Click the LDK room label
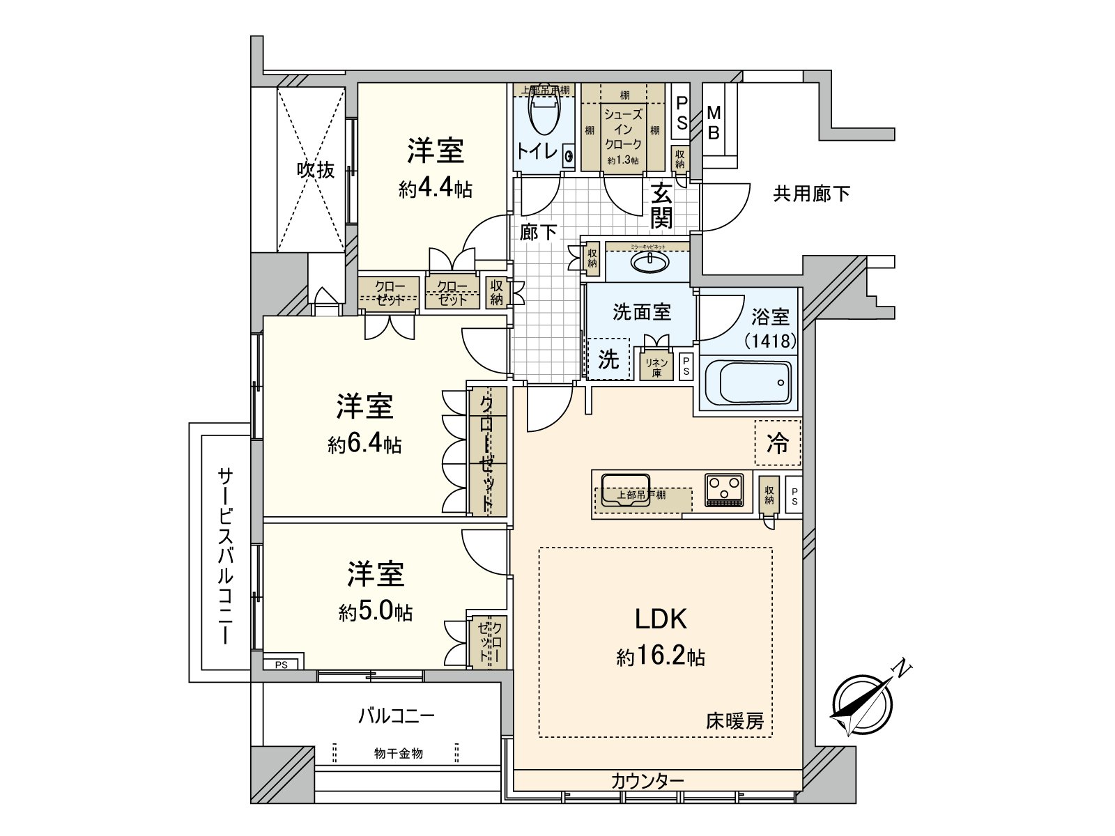(x=661, y=618)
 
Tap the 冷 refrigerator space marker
(x=778, y=444)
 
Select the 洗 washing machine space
(x=608, y=359)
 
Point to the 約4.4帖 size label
(x=436, y=189)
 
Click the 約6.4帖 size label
(x=364, y=445)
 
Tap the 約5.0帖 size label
(x=376, y=612)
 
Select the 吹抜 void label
(x=316, y=169)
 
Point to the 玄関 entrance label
(x=661, y=206)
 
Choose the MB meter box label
(x=713, y=124)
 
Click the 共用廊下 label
(x=811, y=194)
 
